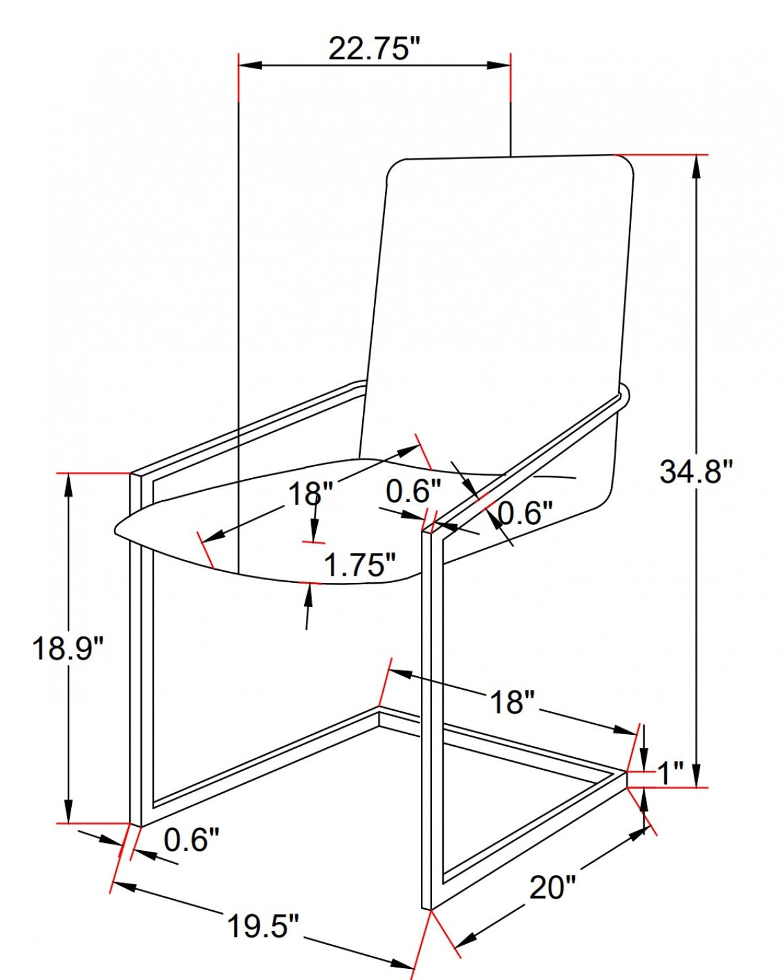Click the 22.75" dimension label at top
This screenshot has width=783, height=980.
[x=375, y=48]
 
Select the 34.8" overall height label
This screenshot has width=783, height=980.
[x=696, y=471]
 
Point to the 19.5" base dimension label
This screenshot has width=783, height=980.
[x=263, y=926]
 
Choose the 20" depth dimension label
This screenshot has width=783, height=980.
[x=553, y=887]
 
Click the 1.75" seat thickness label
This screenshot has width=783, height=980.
[x=360, y=565]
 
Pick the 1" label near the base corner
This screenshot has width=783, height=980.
[x=669, y=774]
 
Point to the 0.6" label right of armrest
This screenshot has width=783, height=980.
[x=525, y=513]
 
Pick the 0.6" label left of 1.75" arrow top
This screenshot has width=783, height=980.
[x=413, y=491]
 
